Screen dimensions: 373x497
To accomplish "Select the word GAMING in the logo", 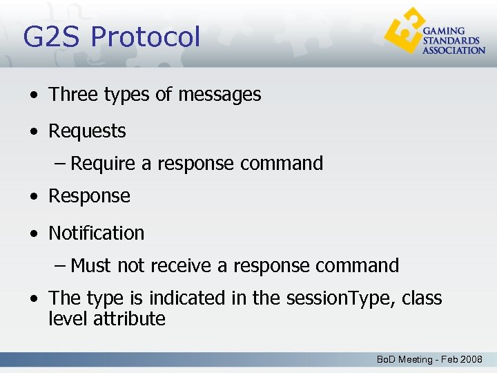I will click(x=443, y=32).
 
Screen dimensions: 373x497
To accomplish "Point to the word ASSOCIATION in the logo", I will click(x=454, y=50).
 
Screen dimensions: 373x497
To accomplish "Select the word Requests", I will click(x=87, y=131).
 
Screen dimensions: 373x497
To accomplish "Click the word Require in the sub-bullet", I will click(x=103, y=164).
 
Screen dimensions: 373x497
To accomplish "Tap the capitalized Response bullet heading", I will click(x=89, y=196).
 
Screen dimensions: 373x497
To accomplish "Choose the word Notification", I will click(x=96, y=233).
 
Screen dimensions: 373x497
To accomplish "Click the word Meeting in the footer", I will click(x=416, y=360).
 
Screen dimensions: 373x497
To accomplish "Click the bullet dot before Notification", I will click(x=34, y=234).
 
